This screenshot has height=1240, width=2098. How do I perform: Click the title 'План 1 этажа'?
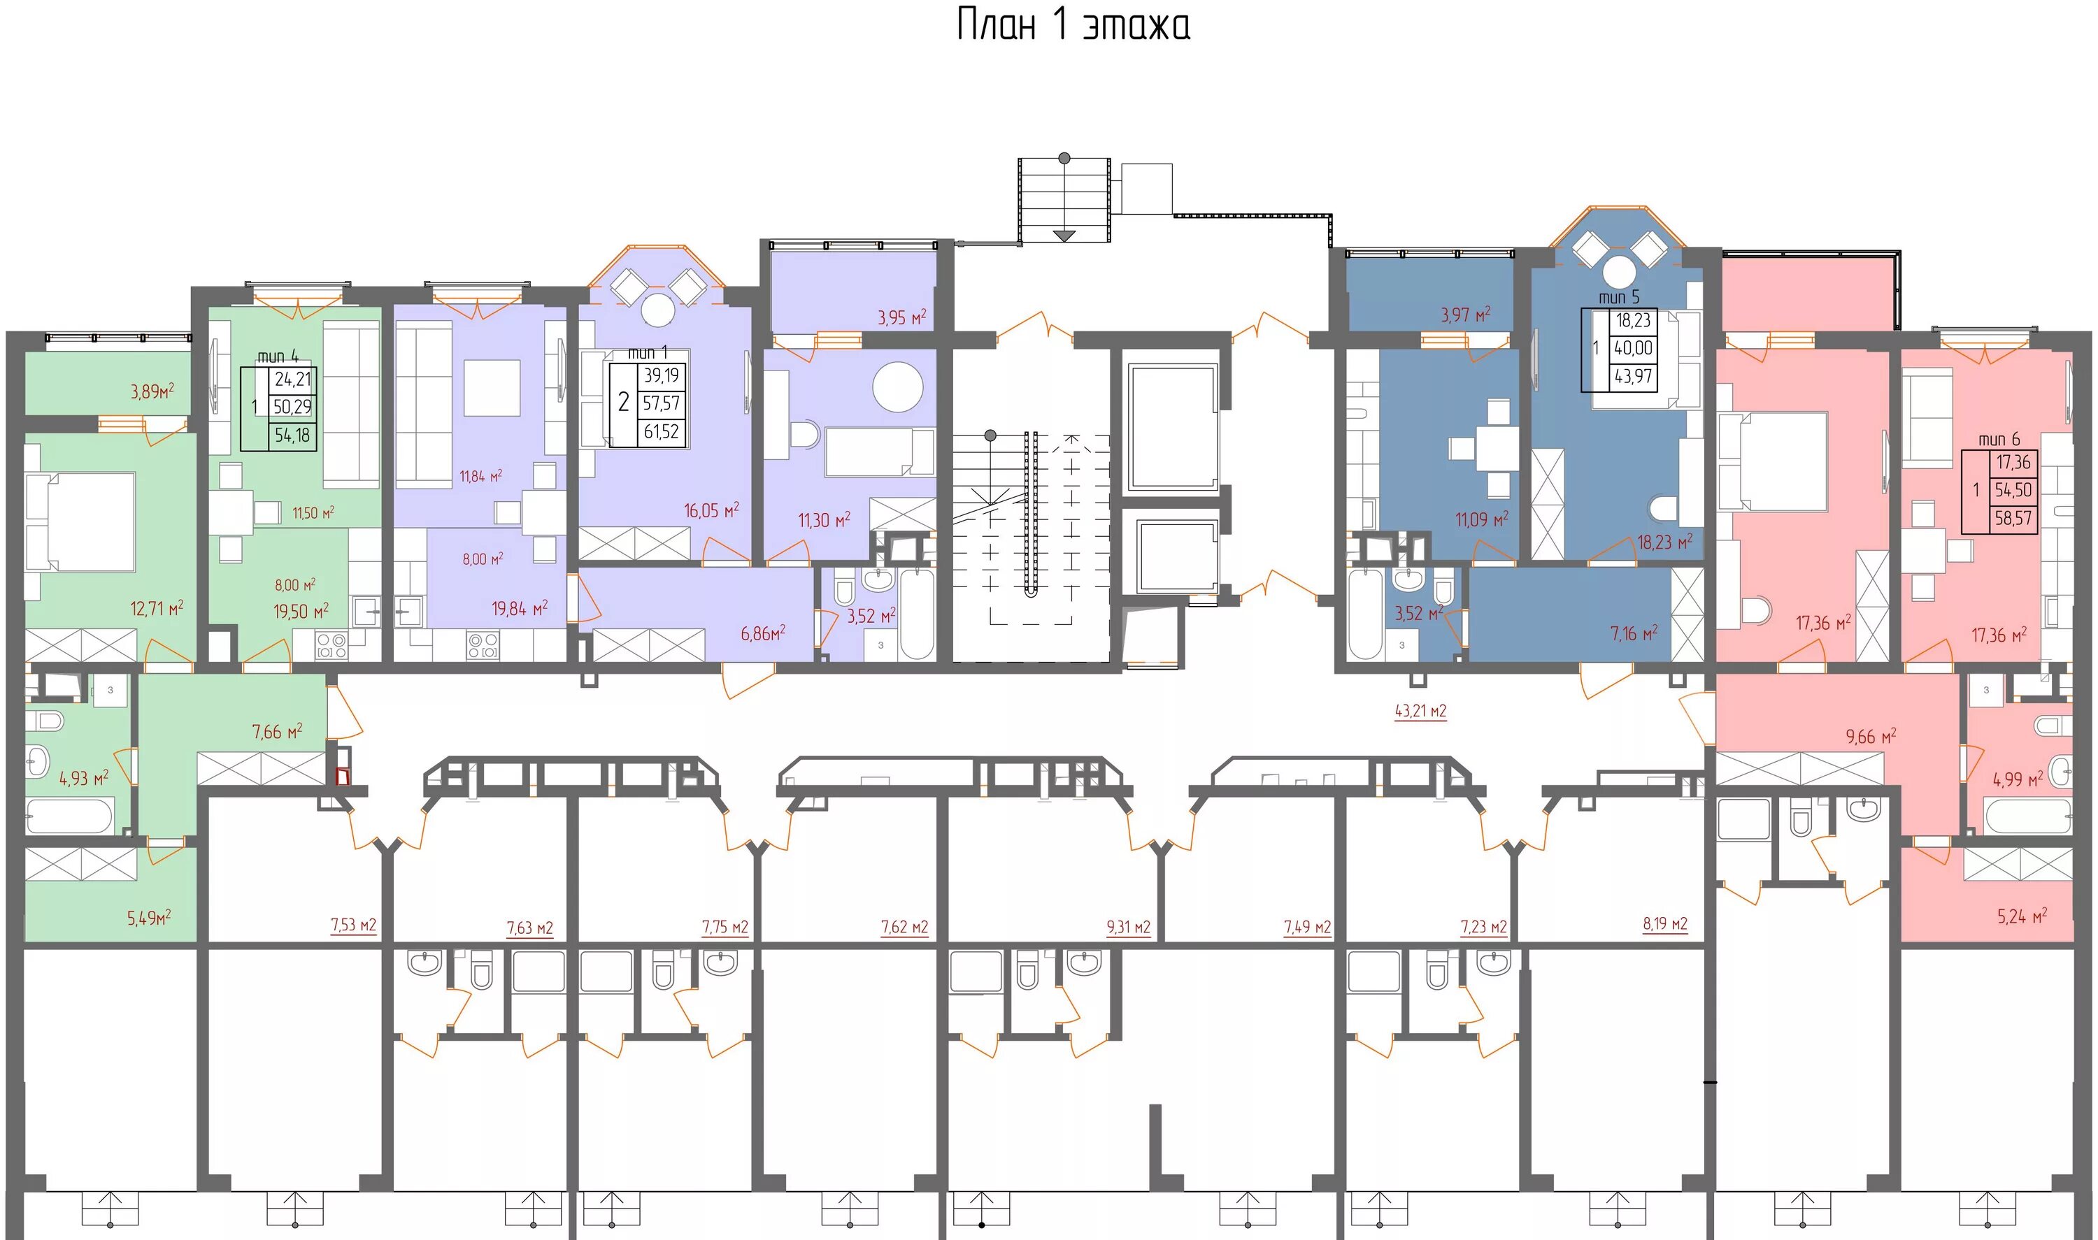(x=1073, y=25)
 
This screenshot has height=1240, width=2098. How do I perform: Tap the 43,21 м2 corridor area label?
(x=1420, y=711)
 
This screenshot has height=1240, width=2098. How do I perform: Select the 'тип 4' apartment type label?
(x=278, y=356)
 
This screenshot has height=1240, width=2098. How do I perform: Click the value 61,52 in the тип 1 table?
(x=661, y=432)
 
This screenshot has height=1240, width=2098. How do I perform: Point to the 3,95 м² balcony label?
(x=902, y=317)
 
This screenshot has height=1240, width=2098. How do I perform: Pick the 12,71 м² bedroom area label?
(x=157, y=607)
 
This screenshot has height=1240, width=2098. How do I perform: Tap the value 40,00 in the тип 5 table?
(x=1633, y=348)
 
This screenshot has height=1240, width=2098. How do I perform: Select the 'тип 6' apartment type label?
(x=1999, y=440)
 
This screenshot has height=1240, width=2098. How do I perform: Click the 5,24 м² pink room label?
(x=2022, y=916)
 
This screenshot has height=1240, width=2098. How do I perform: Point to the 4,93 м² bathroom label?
(x=84, y=779)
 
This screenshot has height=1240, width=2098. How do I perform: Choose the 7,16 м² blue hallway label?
(x=1634, y=633)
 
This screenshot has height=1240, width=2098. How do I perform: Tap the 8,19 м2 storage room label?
(x=1665, y=923)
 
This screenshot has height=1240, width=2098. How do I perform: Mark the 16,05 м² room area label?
(x=711, y=510)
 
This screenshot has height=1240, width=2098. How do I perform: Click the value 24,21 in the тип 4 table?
(x=292, y=380)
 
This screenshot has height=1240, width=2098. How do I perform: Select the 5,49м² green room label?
(x=149, y=918)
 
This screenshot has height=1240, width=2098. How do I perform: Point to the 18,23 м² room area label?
(x=1665, y=542)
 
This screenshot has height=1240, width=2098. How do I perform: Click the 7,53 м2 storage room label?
(x=354, y=925)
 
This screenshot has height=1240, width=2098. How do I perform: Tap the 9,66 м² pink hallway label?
(x=1871, y=736)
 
